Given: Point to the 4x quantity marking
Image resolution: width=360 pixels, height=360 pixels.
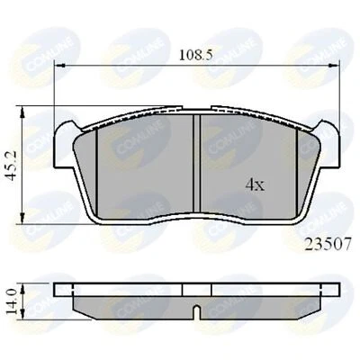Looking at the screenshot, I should point(255,185).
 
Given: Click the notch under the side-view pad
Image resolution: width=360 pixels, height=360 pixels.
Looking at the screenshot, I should point(195,311).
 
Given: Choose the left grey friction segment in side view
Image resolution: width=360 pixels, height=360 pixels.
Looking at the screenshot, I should point(135,302).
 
